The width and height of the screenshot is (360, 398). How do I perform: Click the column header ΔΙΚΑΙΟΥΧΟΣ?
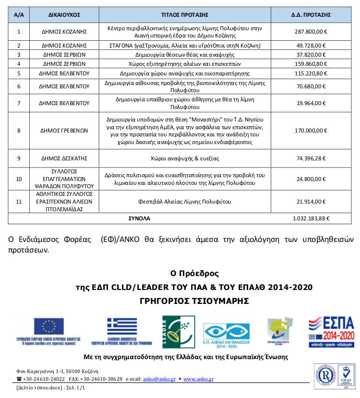(x=64, y=15)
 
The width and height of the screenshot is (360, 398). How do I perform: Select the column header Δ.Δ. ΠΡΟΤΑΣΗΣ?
(x=311, y=15)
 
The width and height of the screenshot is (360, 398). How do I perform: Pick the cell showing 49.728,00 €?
(x=311, y=46)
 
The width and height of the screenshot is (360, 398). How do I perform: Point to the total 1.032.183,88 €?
(x=311, y=218)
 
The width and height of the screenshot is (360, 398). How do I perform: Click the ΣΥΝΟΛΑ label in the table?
(x=139, y=218)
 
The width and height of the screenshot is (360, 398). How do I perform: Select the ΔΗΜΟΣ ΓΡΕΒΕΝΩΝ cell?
(x=64, y=130)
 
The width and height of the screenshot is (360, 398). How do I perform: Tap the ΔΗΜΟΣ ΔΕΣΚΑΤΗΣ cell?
(x=64, y=158)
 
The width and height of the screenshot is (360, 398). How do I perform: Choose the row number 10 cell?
(x=19, y=179)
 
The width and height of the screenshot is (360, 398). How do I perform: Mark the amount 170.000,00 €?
(x=311, y=130)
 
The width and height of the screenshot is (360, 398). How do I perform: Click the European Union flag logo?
(x=48, y=326)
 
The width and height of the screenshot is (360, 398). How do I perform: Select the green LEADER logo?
(x=179, y=332)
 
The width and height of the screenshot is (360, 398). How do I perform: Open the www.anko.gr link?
(x=198, y=379)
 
